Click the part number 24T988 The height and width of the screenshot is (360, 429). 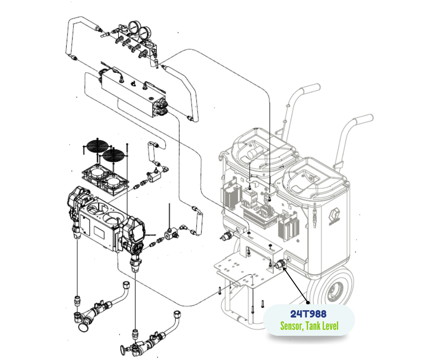[x=309, y=314]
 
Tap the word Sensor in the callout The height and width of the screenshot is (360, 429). [x=292, y=326]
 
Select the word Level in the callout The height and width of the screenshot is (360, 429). [x=330, y=326]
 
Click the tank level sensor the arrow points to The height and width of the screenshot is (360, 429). [x=280, y=264]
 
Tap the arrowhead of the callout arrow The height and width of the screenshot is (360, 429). [x=284, y=268]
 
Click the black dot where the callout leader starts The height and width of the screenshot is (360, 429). [x=308, y=302]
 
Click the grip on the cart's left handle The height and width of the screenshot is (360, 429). [x=310, y=89]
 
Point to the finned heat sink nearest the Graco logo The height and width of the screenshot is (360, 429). [x=288, y=227]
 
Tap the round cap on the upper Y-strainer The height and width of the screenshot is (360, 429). [x=83, y=327]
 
